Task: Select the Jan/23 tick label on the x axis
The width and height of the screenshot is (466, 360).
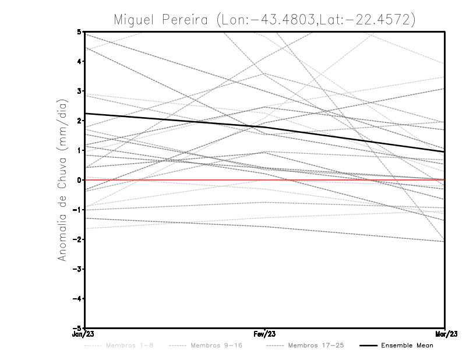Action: click(84, 334)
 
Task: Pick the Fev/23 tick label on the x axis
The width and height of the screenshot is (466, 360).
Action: click(264, 334)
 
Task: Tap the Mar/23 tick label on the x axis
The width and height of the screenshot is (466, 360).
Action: click(444, 334)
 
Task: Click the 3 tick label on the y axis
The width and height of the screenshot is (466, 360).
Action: click(79, 91)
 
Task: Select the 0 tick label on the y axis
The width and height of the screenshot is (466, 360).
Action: click(79, 180)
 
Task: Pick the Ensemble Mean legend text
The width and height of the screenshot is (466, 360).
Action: click(407, 345)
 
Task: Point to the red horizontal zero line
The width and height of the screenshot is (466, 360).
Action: click(349, 180)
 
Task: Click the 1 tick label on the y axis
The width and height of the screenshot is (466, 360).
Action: click(79, 150)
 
